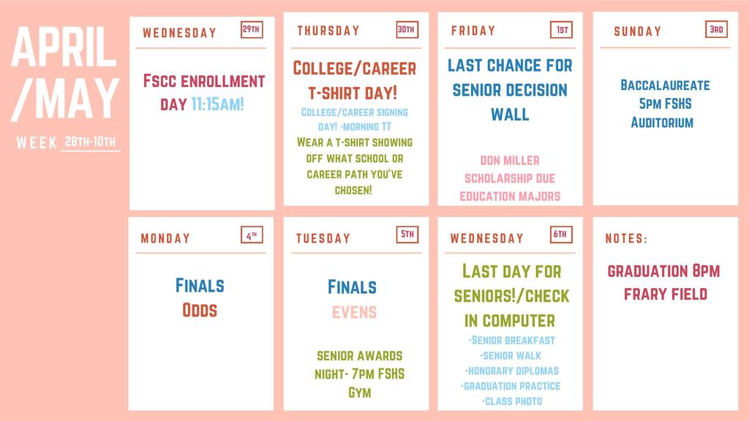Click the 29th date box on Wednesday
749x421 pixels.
point(252,30)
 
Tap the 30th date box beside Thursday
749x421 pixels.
point(407,30)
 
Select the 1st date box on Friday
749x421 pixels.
point(562,30)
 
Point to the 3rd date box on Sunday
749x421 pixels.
point(717,30)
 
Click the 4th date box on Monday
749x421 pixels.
point(252,235)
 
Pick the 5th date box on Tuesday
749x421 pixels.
point(407,235)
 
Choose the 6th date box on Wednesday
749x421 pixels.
point(561,235)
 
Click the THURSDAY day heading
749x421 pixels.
point(328,31)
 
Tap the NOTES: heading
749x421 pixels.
point(626,238)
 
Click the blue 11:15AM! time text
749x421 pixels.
point(217,105)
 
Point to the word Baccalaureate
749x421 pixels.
point(664,86)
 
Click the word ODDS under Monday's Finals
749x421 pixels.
point(200,310)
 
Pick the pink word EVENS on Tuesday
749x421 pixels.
point(354,312)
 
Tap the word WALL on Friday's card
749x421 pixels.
point(510,115)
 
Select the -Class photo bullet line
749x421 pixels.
point(511,401)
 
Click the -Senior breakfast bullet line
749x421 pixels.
point(511,341)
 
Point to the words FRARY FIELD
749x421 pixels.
point(665,294)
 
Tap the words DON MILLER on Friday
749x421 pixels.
point(510,160)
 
